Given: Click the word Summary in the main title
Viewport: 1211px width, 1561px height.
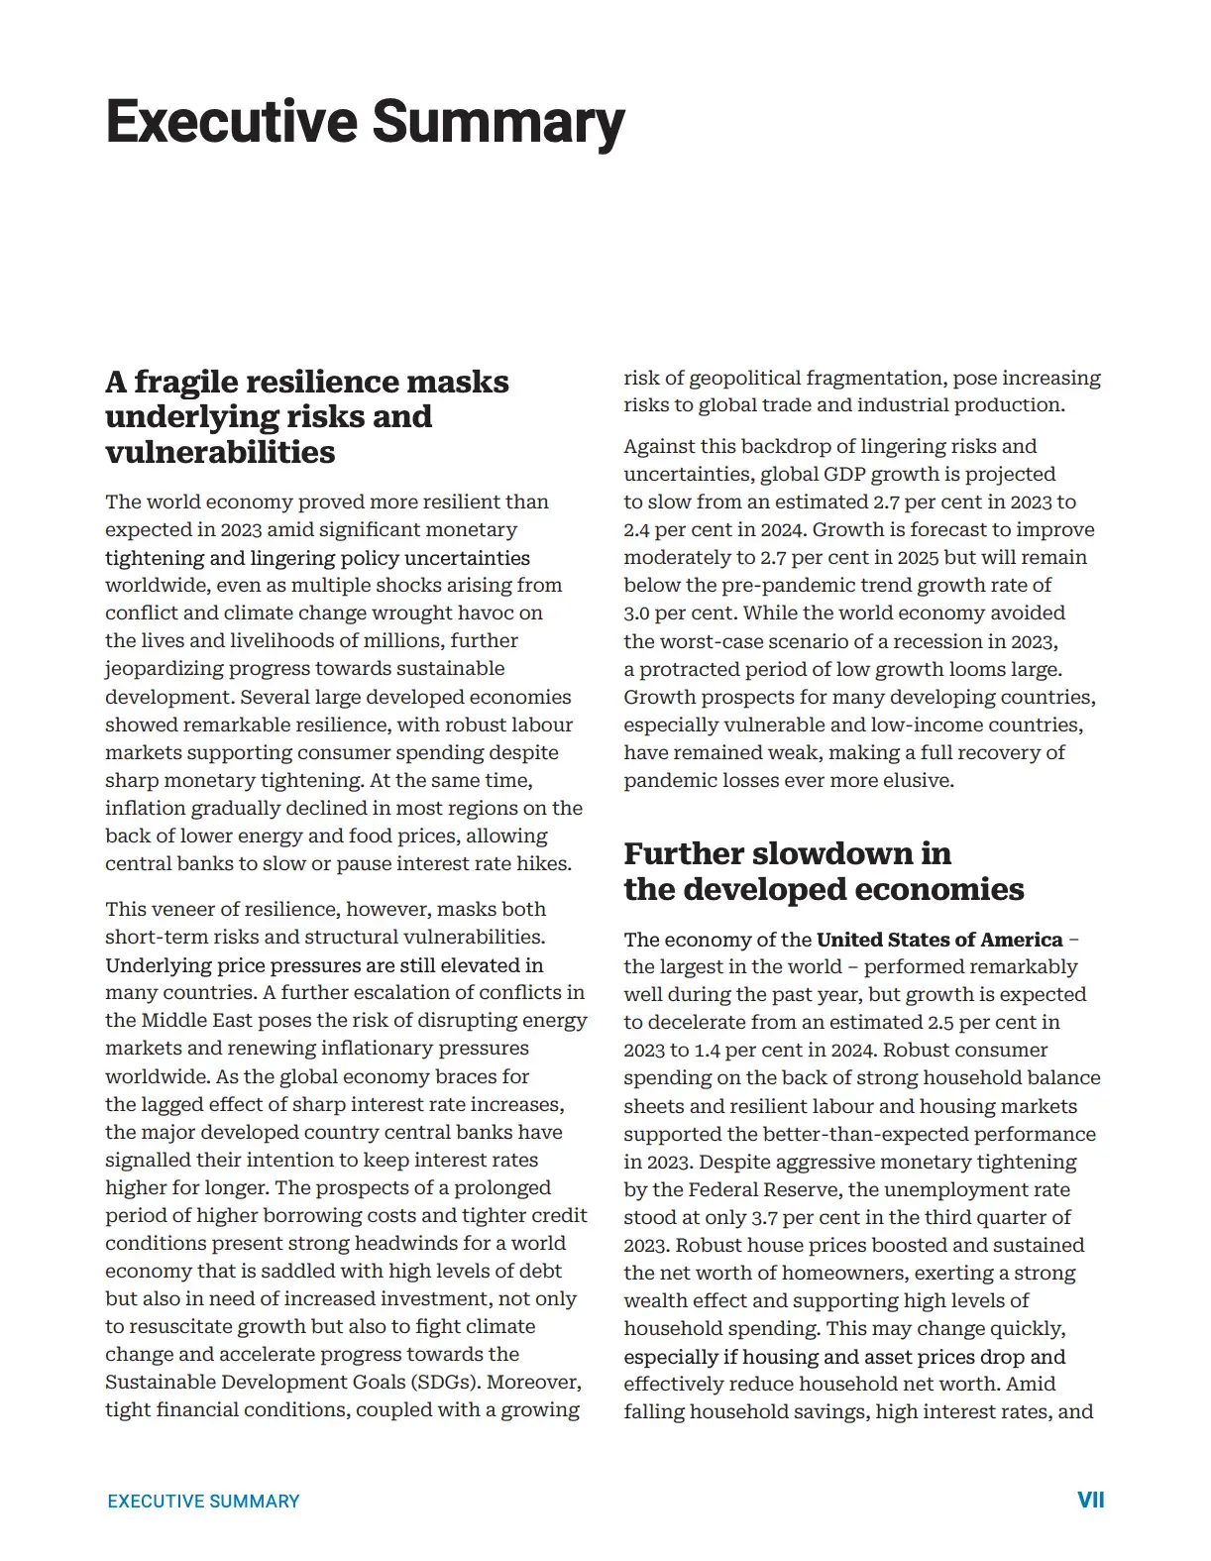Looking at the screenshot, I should click(x=497, y=123).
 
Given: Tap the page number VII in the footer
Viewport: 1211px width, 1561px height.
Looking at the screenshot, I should click(x=1090, y=1500).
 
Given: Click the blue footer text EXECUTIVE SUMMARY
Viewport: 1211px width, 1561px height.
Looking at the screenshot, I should click(x=203, y=1502).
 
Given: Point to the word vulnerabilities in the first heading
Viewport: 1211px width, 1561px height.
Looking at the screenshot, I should click(x=220, y=453).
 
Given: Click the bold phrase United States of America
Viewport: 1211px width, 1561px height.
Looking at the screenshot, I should click(x=938, y=940).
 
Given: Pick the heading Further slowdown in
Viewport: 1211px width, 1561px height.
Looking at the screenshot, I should click(x=787, y=854).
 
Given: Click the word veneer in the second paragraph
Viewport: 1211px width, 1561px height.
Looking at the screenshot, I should click(x=179, y=910).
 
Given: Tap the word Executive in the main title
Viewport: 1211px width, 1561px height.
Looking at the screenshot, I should click(x=232, y=123).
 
